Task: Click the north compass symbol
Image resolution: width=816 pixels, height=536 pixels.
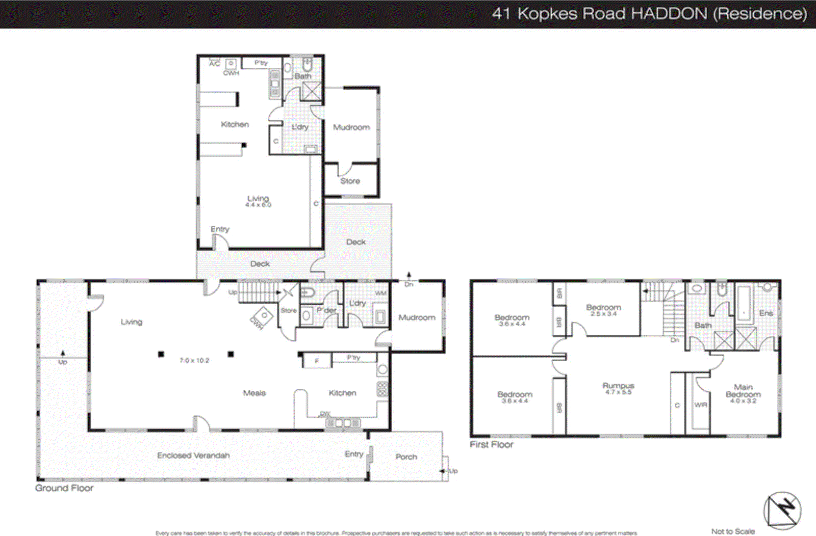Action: (x=782, y=510)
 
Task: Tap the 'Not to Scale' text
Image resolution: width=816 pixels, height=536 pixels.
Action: (x=733, y=531)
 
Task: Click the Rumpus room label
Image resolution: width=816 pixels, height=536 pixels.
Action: (x=618, y=386)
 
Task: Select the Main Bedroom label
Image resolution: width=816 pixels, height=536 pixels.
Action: (x=743, y=390)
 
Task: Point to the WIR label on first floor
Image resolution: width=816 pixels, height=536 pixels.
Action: (x=701, y=405)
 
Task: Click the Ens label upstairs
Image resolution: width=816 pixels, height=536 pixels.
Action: (x=766, y=313)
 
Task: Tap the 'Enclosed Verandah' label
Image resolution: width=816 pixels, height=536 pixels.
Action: (x=193, y=455)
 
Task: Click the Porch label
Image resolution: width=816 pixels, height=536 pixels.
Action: (x=406, y=457)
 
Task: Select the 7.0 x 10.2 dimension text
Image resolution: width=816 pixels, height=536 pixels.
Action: (x=194, y=360)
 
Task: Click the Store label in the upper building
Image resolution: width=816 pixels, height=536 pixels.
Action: (x=350, y=181)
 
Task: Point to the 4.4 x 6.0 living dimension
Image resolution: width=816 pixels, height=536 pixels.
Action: (x=258, y=205)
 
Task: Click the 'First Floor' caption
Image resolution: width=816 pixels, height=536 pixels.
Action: (x=491, y=444)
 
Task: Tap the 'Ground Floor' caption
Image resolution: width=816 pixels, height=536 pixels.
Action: (x=64, y=488)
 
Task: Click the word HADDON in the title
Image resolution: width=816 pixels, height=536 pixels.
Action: (x=669, y=13)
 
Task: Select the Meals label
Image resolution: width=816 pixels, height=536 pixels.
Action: (x=254, y=393)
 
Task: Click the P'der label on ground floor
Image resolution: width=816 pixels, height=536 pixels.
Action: (x=326, y=310)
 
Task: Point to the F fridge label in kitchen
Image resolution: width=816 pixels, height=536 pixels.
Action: (x=316, y=361)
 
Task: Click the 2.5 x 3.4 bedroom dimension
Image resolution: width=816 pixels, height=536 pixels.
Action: (x=603, y=314)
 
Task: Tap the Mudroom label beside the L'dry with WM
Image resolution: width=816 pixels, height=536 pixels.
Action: (x=417, y=317)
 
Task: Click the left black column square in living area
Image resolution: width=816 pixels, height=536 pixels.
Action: (x=161, y=354)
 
